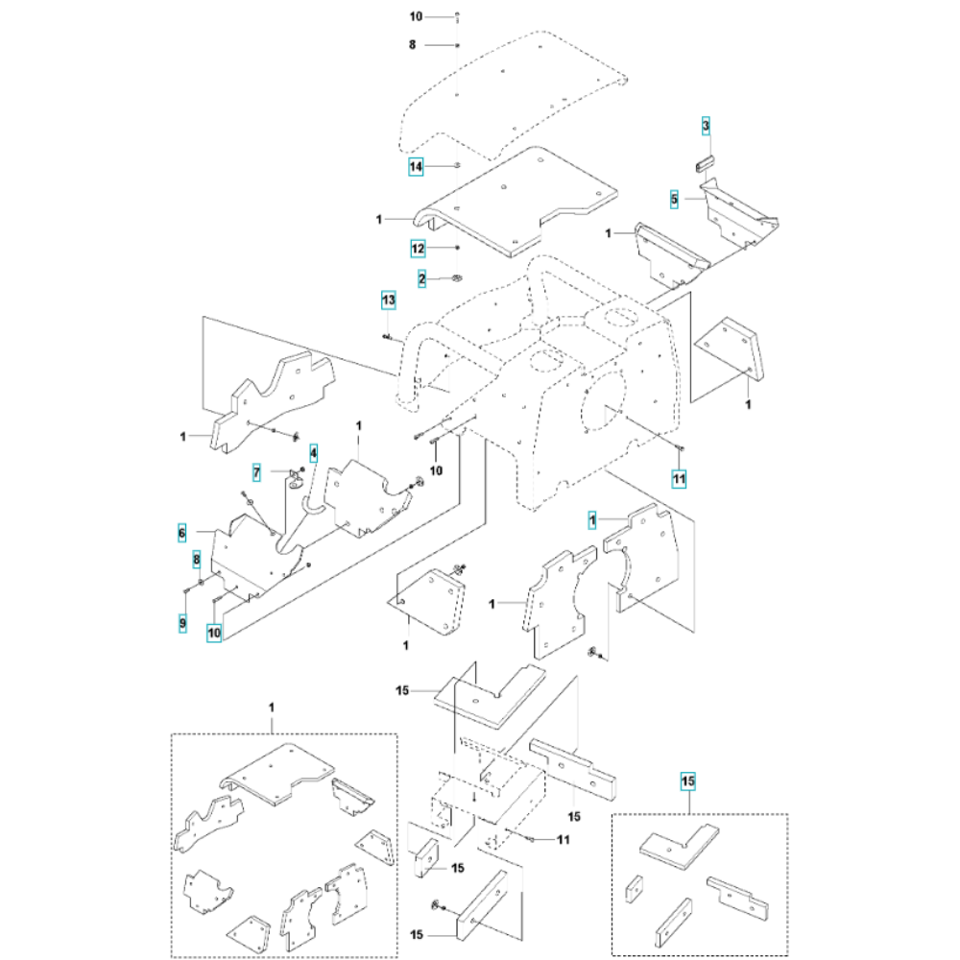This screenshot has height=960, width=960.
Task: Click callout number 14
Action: [417, 167]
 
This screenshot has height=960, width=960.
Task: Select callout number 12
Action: [418, 248]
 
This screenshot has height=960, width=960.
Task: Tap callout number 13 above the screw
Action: [387, 301]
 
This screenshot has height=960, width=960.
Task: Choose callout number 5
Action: [675, 200]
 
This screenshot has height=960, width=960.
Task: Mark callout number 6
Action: [181, 532]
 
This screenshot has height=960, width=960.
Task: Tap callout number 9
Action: [181, 624]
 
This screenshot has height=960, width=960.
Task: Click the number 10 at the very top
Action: [416, 17]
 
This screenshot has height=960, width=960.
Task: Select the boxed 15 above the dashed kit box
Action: [688, 781]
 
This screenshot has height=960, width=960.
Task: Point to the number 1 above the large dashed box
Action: [272, 708]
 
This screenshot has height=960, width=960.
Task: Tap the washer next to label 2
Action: [457, 279]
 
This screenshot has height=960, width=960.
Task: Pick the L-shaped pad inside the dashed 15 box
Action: [676, 846]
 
